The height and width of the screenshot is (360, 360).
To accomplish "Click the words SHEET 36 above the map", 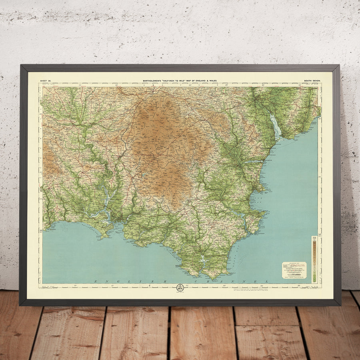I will [46, 81].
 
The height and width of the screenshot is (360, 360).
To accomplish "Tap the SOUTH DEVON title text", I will [312, 81].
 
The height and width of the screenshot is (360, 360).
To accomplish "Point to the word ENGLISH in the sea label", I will [120, 282].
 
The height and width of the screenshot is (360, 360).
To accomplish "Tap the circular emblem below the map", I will [180, 288].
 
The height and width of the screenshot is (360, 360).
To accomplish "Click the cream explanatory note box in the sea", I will [294, 270].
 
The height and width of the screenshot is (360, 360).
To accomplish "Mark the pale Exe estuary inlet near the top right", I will [275, 125].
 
